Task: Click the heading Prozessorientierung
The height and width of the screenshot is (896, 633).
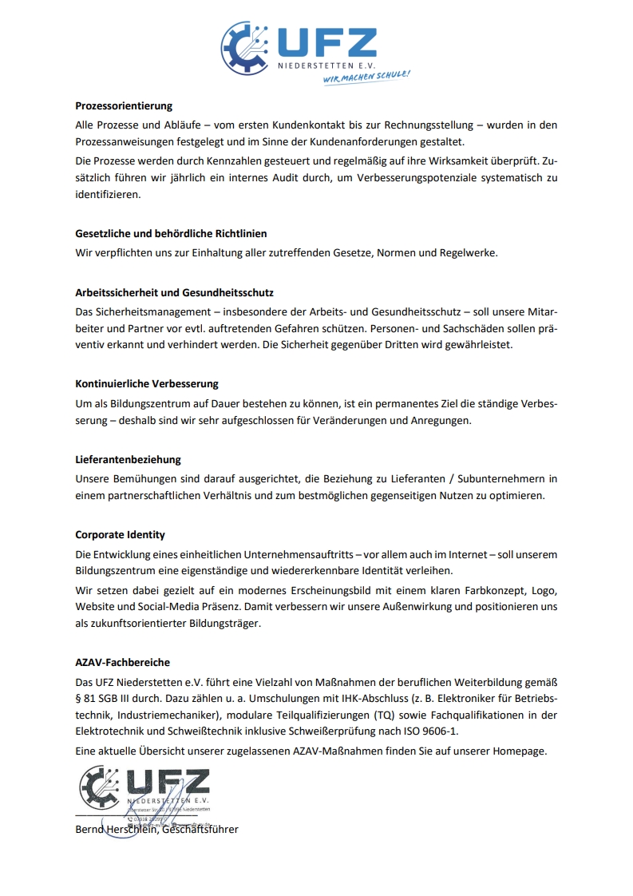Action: [124, 105]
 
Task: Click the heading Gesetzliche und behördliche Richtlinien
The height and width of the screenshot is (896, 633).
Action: [171, 233]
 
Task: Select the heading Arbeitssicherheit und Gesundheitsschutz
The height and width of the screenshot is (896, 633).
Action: [174, 293]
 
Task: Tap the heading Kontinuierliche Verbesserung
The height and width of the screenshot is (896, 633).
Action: [147, 383]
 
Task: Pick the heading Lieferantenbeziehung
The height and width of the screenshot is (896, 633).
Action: [128, 459]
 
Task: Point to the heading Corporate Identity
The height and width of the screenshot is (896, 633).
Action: [120, 534]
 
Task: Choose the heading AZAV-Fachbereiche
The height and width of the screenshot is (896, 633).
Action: [122, 662]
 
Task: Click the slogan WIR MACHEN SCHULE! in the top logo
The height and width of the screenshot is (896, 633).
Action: [366, 78]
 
